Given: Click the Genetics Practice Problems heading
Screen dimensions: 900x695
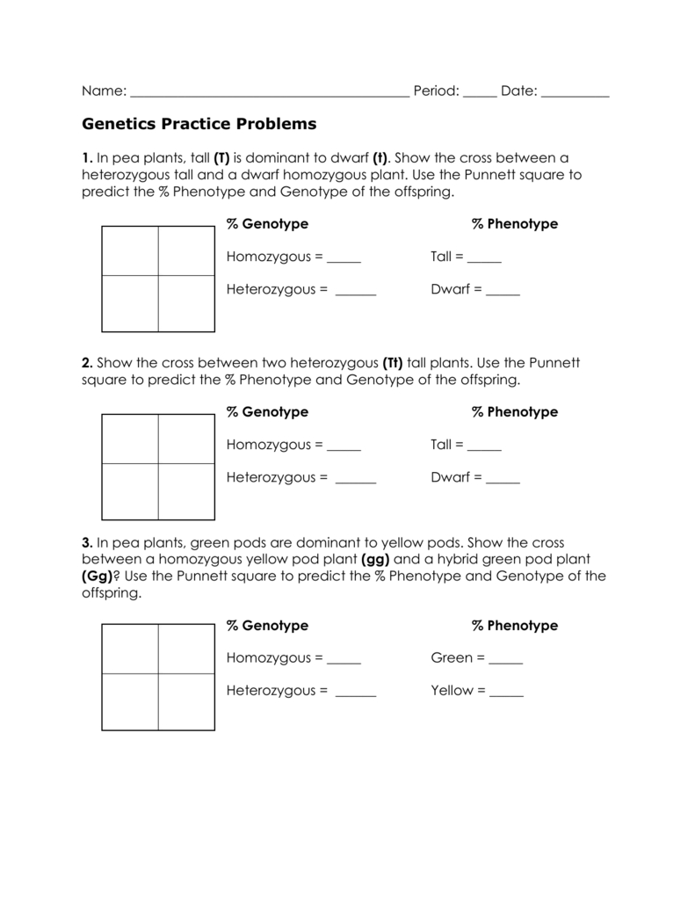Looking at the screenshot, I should coord(199,124).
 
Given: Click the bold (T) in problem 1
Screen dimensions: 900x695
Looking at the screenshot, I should coord(221,158).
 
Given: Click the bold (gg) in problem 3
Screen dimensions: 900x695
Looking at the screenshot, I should coord(374,559).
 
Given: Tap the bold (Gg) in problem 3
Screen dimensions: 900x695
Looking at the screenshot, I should coord(97,577).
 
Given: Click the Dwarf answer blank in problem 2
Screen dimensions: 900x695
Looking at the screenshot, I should coord(503,481).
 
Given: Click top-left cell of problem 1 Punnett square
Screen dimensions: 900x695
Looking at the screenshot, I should coord(130,251).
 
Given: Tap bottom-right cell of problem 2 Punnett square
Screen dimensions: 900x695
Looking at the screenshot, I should coord(186,491).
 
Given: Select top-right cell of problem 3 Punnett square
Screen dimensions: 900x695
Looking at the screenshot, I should coord(186,649).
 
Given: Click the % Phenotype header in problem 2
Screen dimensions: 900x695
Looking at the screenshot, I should coord(515,412).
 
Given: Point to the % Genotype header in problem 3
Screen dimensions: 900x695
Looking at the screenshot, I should coord(267,626).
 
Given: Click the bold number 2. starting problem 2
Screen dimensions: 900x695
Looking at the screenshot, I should coord(87,363).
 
